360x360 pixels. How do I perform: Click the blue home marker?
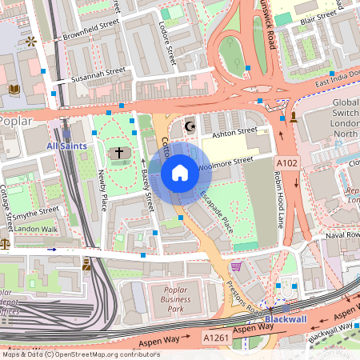[179, 172]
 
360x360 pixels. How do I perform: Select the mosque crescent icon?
[190, 126]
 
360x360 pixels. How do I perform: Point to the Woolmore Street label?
[225, 162]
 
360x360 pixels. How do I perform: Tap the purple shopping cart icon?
[236, 266]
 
